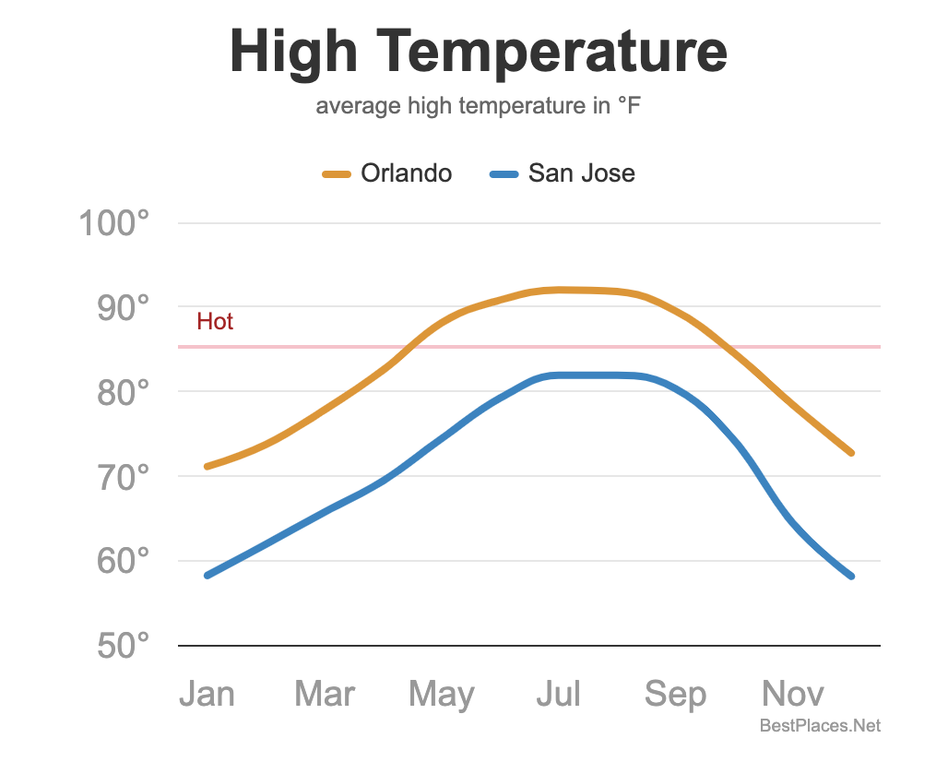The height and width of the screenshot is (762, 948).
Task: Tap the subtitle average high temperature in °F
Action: [x=478, y=106]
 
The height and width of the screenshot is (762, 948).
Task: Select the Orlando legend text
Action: [x=406, y=173]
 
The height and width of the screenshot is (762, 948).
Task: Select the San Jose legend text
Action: [x=581, y=173]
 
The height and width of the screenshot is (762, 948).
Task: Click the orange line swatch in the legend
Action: [x=336, y=174]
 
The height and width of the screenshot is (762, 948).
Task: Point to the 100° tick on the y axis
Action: [x=114, y=223]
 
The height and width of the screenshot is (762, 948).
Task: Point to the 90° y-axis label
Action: [x=123, y=307]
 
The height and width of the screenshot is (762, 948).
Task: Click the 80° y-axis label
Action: [x=123, y=392]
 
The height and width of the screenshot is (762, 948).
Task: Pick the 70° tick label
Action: [x=123, y=477]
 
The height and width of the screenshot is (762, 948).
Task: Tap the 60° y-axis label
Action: [x=123, y=561]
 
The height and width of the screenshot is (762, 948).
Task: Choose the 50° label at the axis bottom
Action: [x=123, y=646]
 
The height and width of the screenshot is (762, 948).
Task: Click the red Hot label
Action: [x=215, y=322]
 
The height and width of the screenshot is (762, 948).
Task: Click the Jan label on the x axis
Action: [x=207, y=695]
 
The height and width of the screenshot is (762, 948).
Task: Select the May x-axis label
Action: [x=442, y=695]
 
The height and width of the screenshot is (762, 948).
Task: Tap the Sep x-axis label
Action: [x=675, y=695]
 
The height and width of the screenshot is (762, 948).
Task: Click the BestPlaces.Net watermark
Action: [x=820, y=727]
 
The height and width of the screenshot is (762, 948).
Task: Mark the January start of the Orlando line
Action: [x=207, y=467]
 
